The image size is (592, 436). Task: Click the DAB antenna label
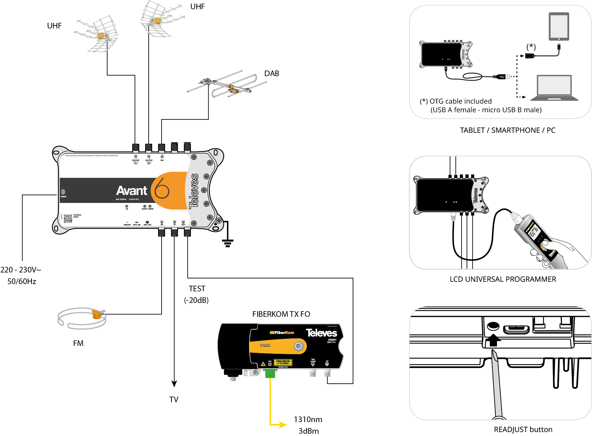271,73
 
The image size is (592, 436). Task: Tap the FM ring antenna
82,318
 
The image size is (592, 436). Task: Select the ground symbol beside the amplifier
227,243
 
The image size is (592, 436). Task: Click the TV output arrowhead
174,384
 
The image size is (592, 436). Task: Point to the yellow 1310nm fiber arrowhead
283,424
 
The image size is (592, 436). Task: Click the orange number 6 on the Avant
162,188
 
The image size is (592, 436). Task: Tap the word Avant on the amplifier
132,191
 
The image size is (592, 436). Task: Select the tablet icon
559,26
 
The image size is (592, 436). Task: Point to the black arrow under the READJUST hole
493,340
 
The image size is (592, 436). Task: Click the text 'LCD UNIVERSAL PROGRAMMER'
503,279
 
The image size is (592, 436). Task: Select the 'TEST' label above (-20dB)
197,289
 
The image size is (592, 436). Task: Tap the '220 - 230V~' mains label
21,270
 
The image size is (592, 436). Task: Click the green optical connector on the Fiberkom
270,374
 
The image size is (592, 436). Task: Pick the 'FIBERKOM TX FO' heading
281,314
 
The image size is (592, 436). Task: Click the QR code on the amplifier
68,218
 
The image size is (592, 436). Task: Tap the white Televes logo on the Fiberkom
321,333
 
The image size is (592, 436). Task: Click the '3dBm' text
309,431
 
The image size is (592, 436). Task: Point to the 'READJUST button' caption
523,429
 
